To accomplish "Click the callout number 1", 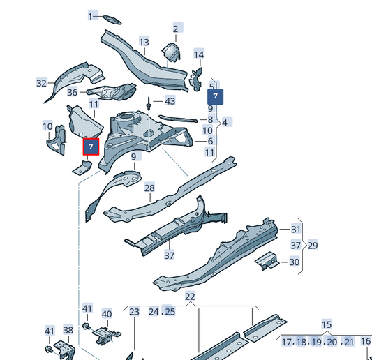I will [x=91, y=15].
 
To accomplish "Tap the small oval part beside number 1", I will [x=112, y=17].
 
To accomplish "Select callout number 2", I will [x=176, y=28].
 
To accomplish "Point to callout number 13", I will [x=144, y=42].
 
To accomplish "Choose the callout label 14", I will [x=199, y=54].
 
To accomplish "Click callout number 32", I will [x=41, y=83].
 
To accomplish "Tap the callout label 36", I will [x=72, y=92].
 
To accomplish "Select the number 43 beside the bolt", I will [x=170, y=101].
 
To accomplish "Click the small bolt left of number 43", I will [x=149, y=105].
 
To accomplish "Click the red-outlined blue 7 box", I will [x=91, y=147].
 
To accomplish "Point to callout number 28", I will [x=149, y=188].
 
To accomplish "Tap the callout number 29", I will [x=313, y=245].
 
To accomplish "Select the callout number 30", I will [x=295, y=262].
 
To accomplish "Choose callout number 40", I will [x=107, y=314].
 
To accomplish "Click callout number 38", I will [x=68, y=330].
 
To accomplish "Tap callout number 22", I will [x=190, y=297].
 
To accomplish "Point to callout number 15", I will [x=327, y=324].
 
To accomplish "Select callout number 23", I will [x=135, y=311].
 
